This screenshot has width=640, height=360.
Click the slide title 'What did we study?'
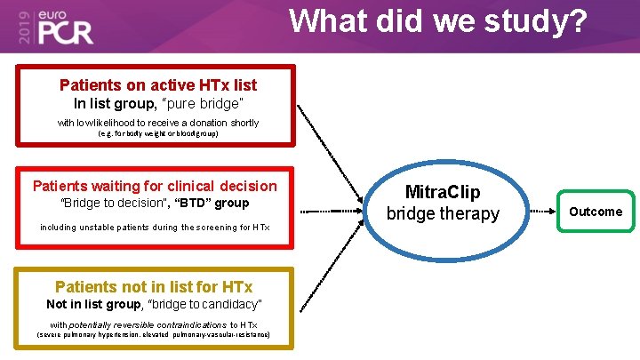pyautogui.click(x=438, y=21)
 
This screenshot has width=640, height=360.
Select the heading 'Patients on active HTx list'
pyautogui.click(x=157, y=85)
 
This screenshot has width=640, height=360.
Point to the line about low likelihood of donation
pyautogui.click(x=157, y=123)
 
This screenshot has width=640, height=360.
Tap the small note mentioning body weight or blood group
pyautogui.click(x=157, y=134)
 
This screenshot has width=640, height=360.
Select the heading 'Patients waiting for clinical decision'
pyautogui.click(x=155, y=186)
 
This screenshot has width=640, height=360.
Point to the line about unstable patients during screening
pyautogui.click(x=155, y=228)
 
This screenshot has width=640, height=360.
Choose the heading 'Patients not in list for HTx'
pyautogui.click(x=154, y=286)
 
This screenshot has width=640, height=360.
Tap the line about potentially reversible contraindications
pyautogui.click(x=154, y=324)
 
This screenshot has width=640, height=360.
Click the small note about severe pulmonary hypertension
pyautogui.click(x=154, y=335)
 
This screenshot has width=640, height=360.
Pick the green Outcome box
pyautogui.click(x=596, y=212)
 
